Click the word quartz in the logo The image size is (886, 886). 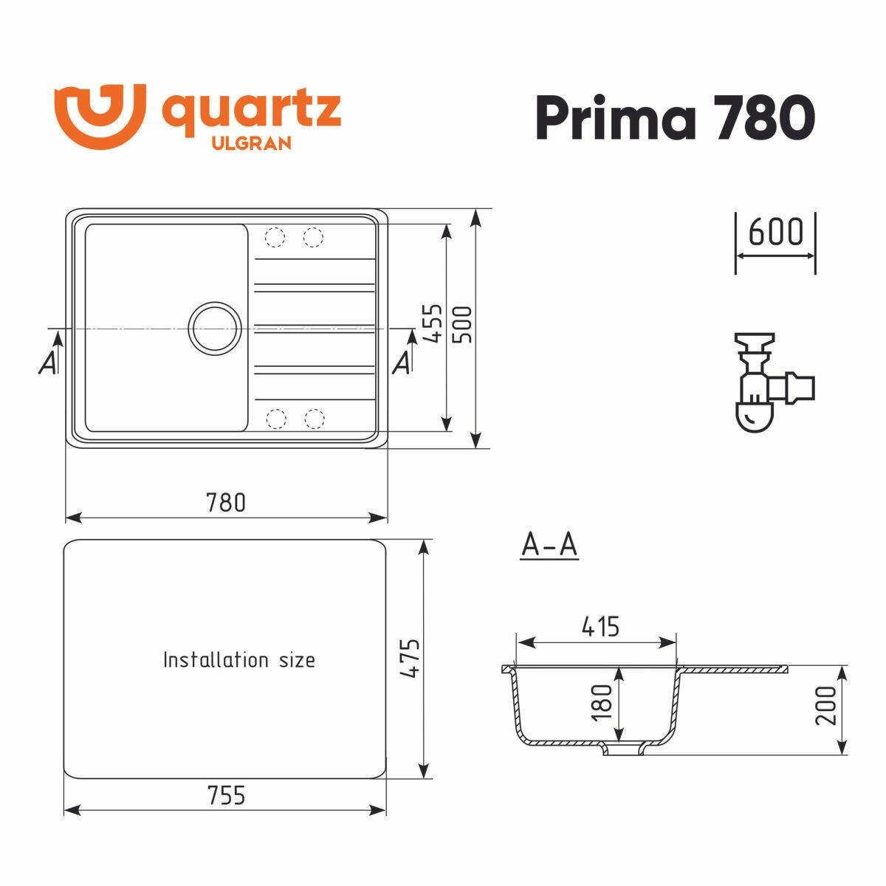tap(250, 111)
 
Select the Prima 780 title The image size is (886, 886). tap(675, 117)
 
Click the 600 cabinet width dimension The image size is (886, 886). tap(775, 233)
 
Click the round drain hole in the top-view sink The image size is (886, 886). tap(215, 326)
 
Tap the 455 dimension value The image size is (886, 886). tap(435, 323)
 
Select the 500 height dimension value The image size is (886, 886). tap(464, 323)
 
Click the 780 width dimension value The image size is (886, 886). tap(225, 503)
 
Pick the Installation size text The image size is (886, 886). tap(238, 659)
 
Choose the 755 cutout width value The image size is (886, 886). tap(225, 796)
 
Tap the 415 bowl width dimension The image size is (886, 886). tap(600, 627)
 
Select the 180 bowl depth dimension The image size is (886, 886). tap(602, 702)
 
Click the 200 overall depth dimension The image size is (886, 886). tap(828, 705)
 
